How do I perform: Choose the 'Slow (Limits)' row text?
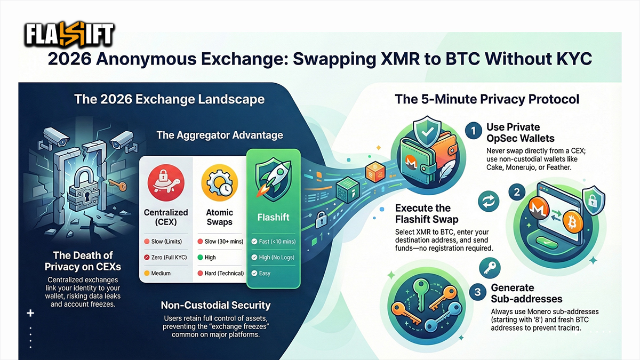(x=164, y=242)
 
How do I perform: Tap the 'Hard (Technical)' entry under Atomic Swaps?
(x=224, y=273)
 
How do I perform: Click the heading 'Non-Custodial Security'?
(x=215, y=306)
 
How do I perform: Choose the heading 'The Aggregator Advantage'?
(x=220, y=135)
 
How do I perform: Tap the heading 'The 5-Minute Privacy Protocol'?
(x=486, y=99)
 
